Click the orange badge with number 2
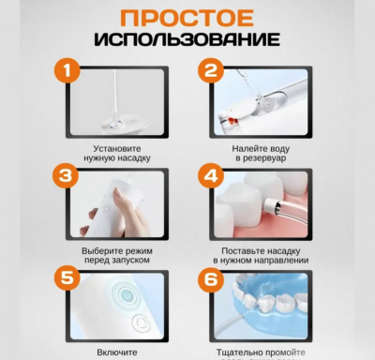(211, 70)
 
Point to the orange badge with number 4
(211, 175)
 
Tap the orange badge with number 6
(211, 278)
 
